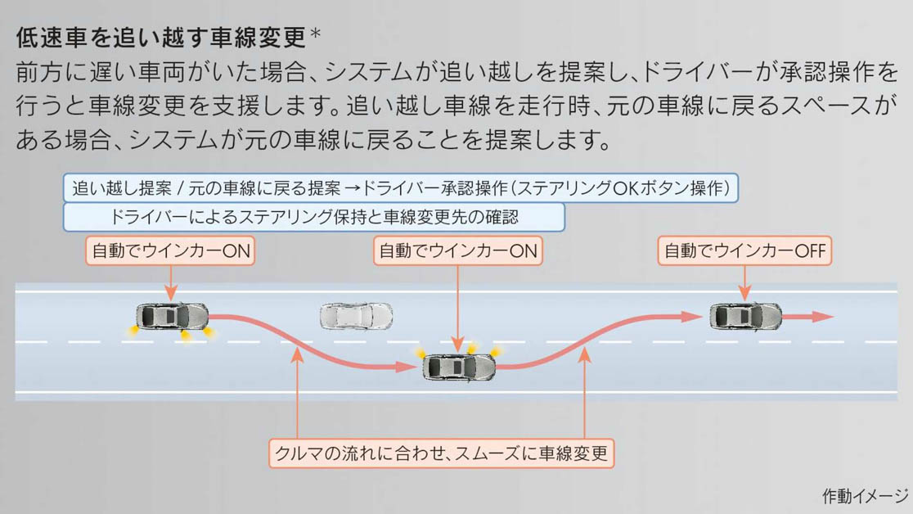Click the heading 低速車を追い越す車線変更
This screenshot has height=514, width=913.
[160, 37]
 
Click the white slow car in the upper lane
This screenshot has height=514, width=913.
[356, 316]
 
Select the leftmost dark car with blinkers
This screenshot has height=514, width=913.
[172, 316]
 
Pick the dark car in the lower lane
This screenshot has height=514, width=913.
[459, 367]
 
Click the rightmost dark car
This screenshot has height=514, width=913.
[745, 316]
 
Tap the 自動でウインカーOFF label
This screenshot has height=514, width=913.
[744, 251]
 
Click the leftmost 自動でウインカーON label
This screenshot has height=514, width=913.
[171, 251]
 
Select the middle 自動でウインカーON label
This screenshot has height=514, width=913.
[457, 251]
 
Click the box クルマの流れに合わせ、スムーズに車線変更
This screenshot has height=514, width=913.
[442, 453]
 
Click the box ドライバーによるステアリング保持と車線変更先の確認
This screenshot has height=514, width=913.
[314, 217]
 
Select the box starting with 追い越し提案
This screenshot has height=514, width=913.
[400, 188]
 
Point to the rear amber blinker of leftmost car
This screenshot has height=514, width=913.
[131, 330]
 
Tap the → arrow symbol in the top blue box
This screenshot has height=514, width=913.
[353, 188]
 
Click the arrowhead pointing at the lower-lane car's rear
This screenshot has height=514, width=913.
[407, 367]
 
